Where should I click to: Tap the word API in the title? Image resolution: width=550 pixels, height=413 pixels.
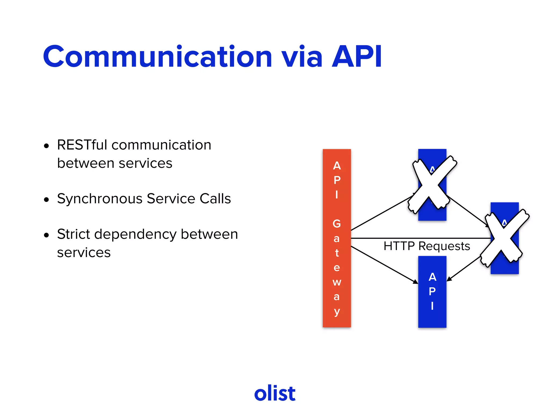(x=357, y=57)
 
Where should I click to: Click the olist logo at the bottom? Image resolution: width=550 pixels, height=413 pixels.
(x=275, y=393)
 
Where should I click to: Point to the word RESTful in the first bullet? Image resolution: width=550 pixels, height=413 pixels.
(x=82, y=145)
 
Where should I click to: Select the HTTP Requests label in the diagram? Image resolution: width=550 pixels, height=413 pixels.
(x=427, y=246)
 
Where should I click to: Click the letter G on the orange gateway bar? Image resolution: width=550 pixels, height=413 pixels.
(x=336, y=224)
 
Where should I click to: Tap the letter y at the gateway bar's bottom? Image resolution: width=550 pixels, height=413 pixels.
(x=337, y=312)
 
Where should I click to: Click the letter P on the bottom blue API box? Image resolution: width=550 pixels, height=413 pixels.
(x=432, y=291)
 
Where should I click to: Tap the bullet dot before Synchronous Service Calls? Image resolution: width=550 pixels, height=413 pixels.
(x=47, y=200)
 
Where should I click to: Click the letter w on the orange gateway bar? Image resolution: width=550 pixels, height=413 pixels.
(x=337, y=282)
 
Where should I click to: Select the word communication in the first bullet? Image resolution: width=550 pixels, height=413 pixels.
(x=161, y=145)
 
